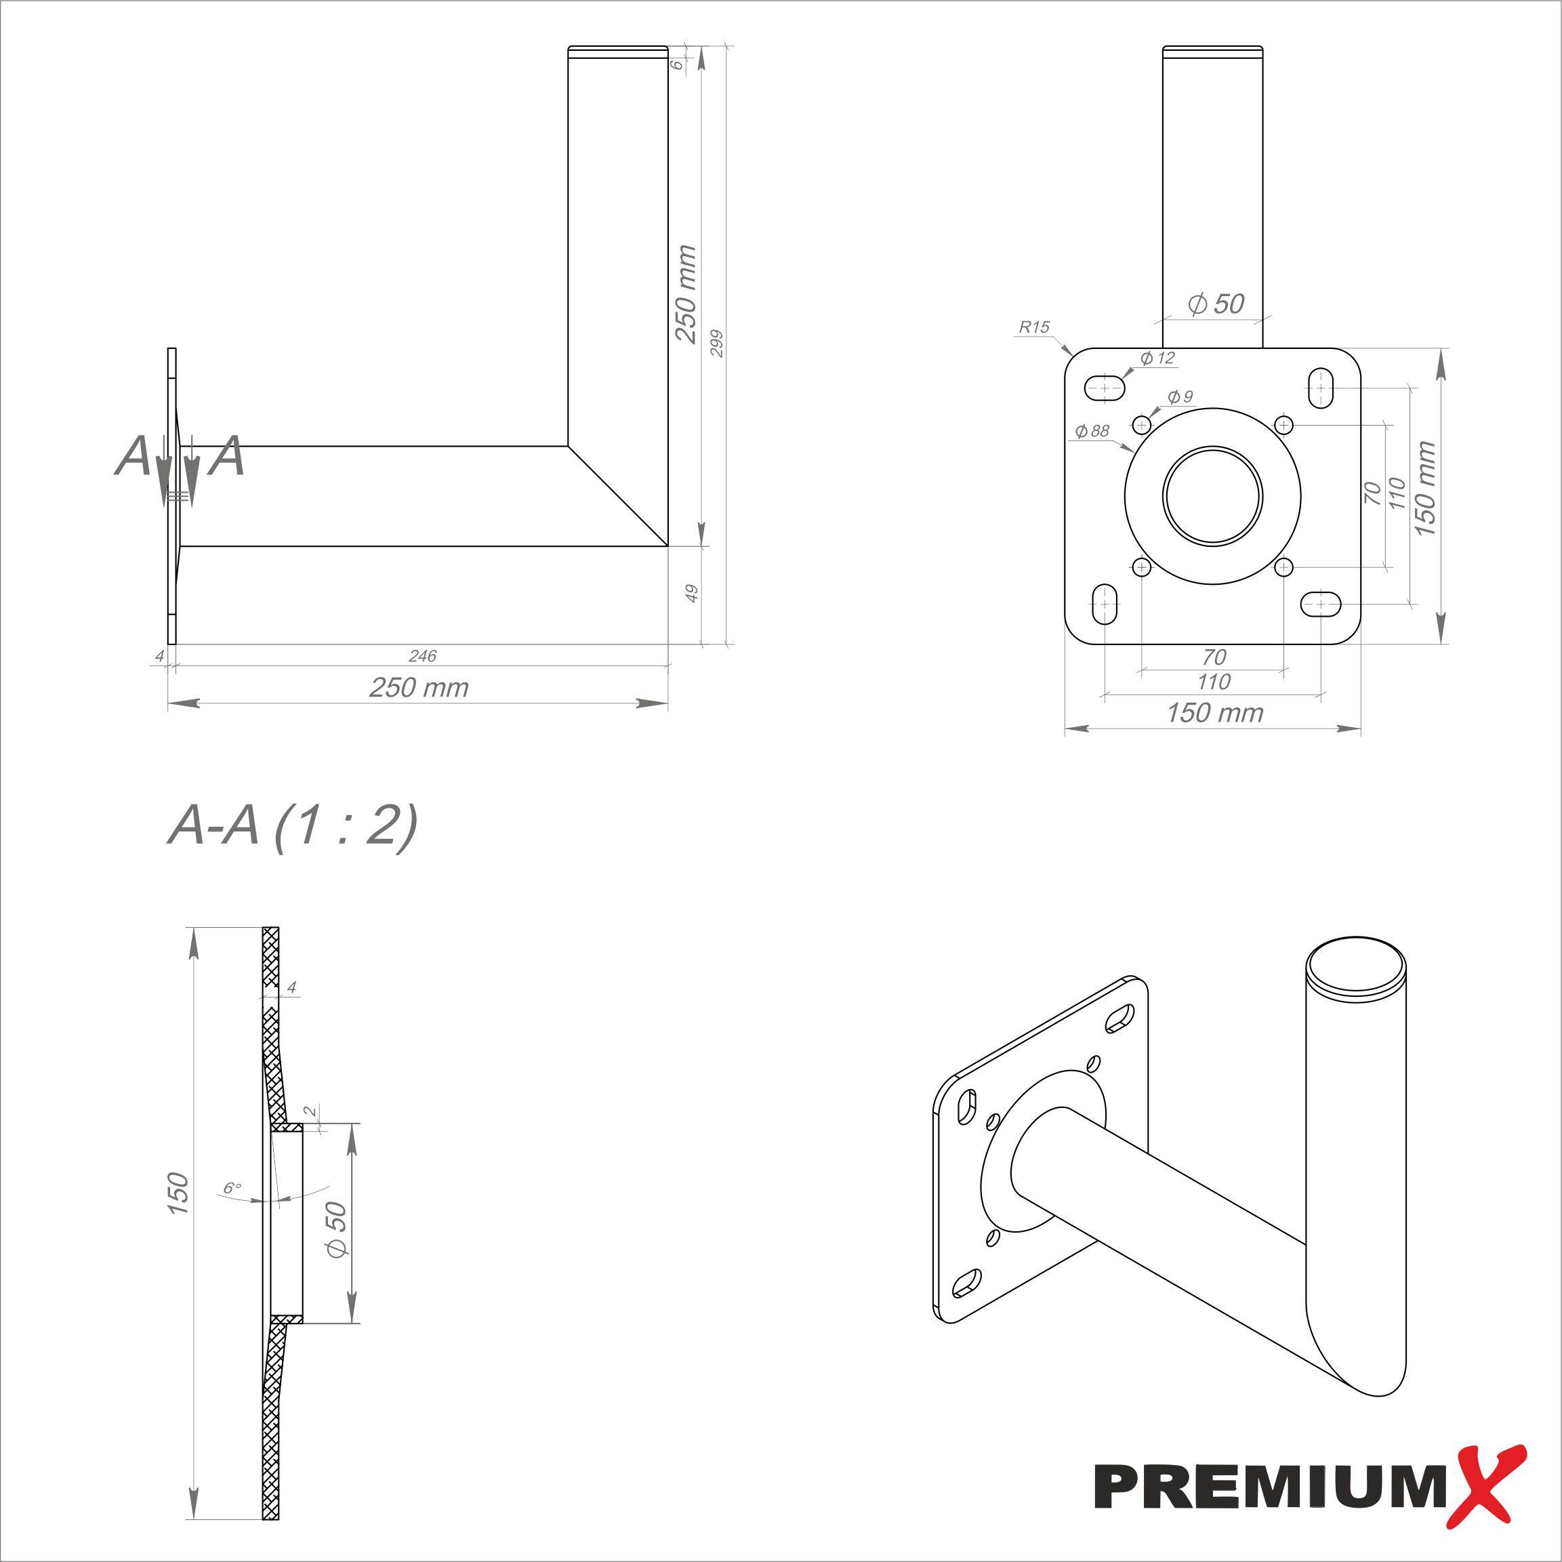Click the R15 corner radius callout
tap(1033, 327)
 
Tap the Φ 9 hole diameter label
tap(1180, 396)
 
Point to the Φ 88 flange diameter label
tap(1092, 432)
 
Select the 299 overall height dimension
tap(716, 344)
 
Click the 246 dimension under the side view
tap(422, 656)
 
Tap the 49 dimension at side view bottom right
tap(691, 594)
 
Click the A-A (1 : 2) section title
tap(293, 826)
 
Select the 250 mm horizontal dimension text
tap(419, 687)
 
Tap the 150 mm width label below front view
tap(1214, 713)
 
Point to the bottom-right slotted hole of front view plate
tap(1321, 603)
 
